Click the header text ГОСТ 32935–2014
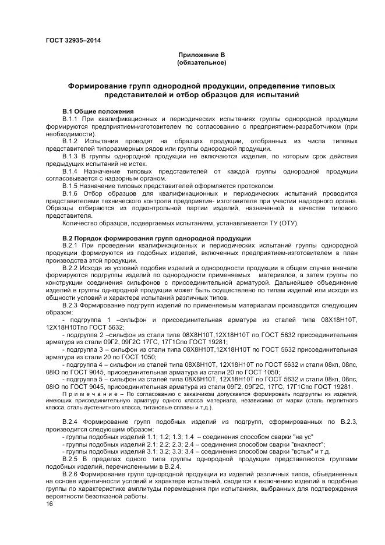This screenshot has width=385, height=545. (x=70, y=40)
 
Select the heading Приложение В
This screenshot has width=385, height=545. (x=202, y=54)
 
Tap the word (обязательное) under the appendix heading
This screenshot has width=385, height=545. (x=202, y=62)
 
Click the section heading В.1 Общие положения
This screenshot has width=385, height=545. (x=98, y=111)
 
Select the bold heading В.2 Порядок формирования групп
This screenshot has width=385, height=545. (x=156, y=239)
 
